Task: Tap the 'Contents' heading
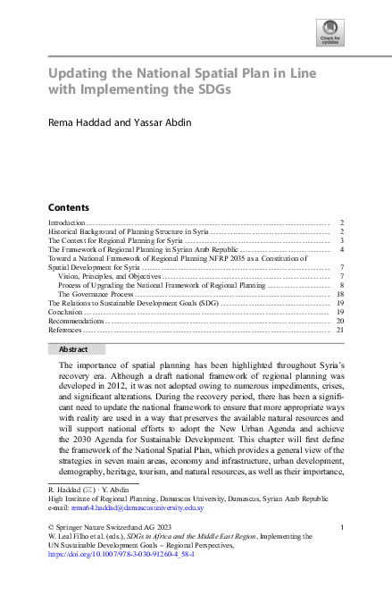[x=68, y=206]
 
